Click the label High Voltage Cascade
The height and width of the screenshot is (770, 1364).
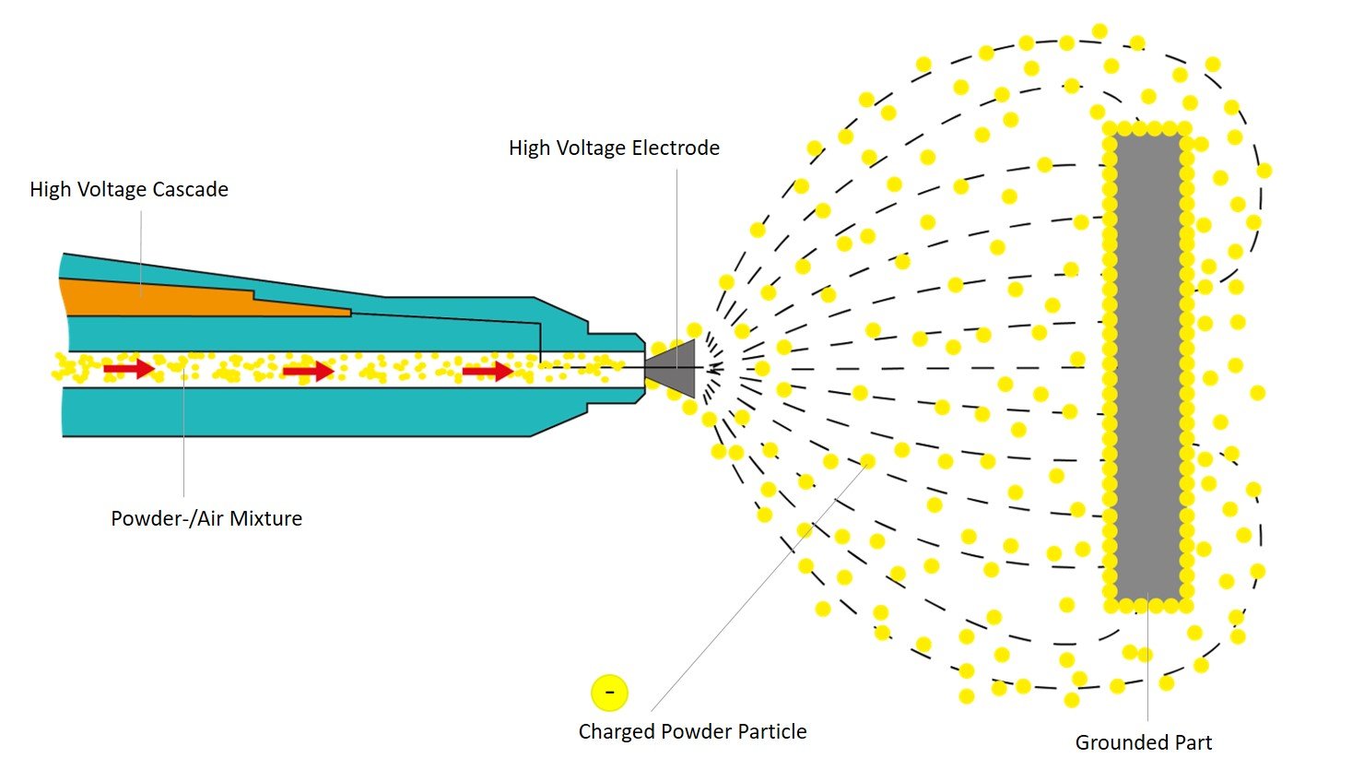pyautogui.click(x=129, y=190)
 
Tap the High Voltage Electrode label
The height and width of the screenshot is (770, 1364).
pyautogui.click(x=614, y=148)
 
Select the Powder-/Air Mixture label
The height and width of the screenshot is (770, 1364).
pyautogui.click(x=206, y=518)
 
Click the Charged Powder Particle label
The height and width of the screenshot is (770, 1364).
pyautogui.click(x=692, y=731)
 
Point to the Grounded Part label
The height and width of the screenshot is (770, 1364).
pyautogui.click(x=1144, y=742)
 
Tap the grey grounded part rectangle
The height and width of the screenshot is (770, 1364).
pyautogui.click(x=1147, y=369)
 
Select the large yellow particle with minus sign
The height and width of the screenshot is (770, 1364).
pyautogui.click(x=609, y=692)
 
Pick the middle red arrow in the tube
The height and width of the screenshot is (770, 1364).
pyautogui.click(x=308, y=371)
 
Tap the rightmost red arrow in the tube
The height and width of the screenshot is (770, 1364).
pyautogui.click(x=488, y=371)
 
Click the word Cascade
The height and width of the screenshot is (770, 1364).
pyautogui.click(x=192, y=190)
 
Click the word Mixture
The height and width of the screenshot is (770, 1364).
pyautogui.click(x=265, y=518)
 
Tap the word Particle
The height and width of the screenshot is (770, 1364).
pyautogui.click(x=771, y=731)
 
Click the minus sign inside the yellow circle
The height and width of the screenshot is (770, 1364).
pyautogui.click(x=609, y=692)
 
